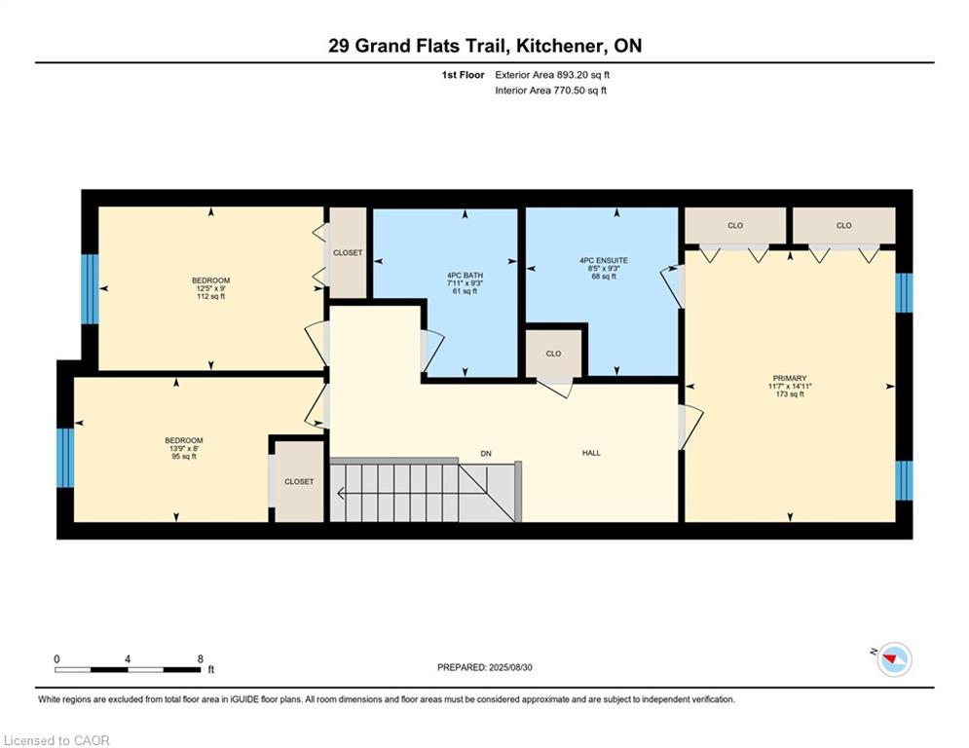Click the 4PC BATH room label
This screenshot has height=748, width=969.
point(465,276)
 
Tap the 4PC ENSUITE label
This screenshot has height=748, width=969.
point(604,261)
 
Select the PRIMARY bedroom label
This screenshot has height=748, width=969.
point(790,378)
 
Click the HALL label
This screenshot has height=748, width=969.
point(591,453)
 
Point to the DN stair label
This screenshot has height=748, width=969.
point(486,454)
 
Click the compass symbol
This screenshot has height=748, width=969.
point(894,659)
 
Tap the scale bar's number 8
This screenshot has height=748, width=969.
point(201,659)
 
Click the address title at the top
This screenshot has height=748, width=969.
point(485,46)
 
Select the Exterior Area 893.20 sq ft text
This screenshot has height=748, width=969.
point(552,75)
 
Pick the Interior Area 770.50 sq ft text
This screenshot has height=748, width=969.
point(550,91)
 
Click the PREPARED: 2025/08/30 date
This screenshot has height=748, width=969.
point(485,667)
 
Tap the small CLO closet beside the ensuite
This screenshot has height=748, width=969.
point(554,354)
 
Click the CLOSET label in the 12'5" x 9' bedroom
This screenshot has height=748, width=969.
point(348,253)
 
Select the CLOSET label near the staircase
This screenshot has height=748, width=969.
point(299,481)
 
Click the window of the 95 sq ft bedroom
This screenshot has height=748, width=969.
point(65,458)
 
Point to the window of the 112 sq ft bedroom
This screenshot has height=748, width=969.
point(90,288)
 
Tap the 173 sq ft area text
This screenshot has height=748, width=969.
point(790,394)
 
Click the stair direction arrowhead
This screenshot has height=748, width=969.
point(340,493)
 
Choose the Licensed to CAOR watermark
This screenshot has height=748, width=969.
point(56,740)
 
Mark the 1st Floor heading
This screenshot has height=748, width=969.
point(463,75)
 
